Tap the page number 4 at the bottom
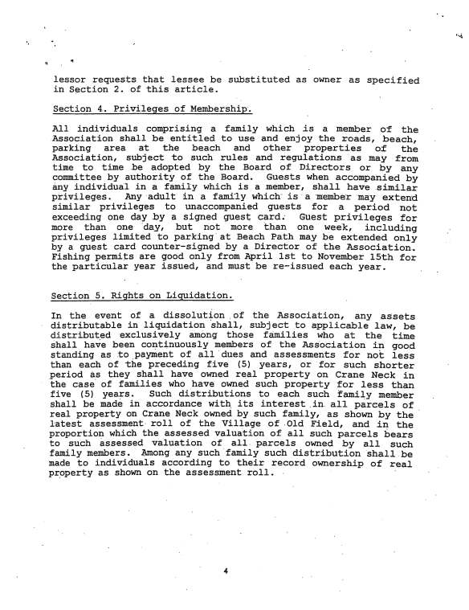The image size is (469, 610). point(228,571)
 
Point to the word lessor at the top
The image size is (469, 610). point(68,80)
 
